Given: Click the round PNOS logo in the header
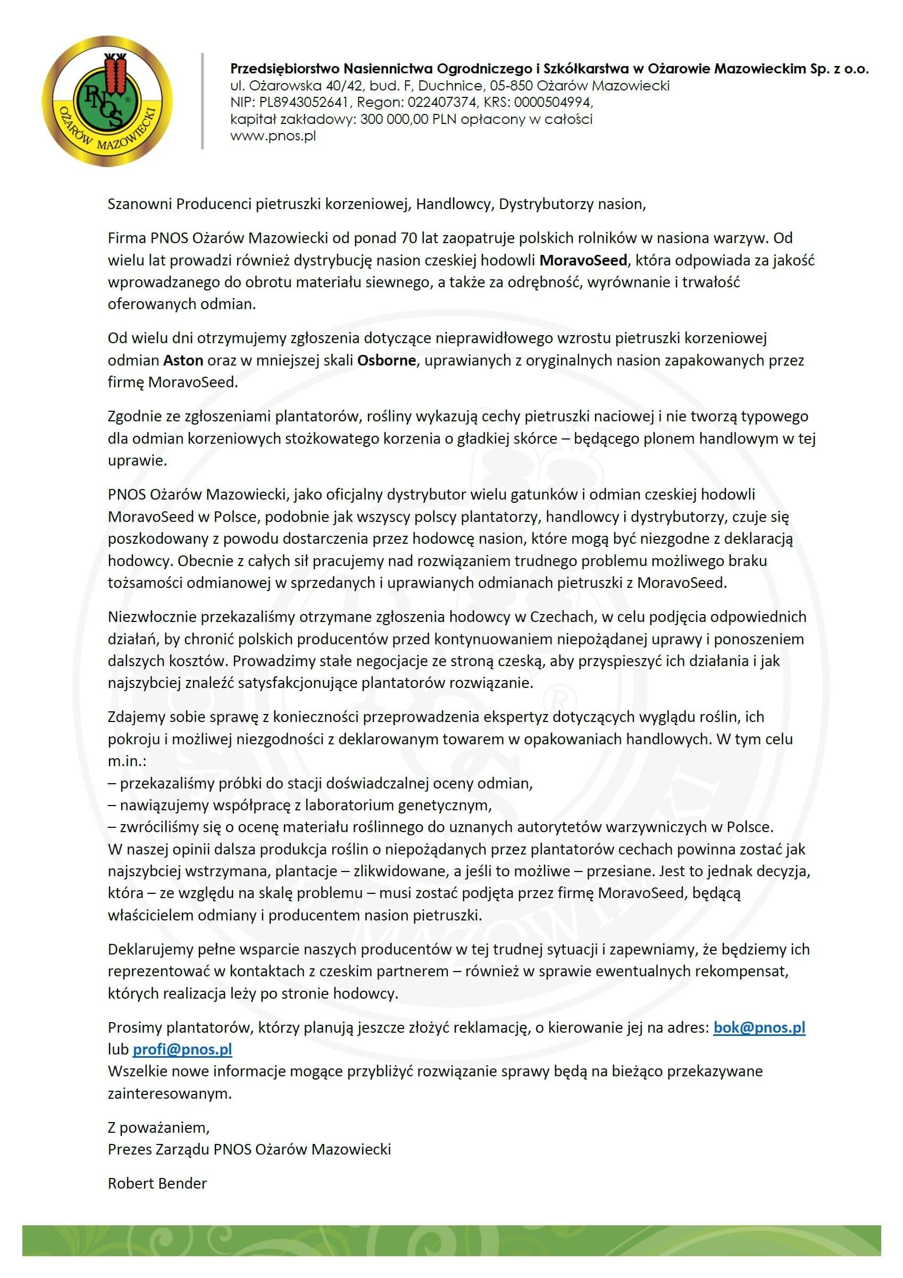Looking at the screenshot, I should [107, 101].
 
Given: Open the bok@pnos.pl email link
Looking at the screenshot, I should [759, 1027].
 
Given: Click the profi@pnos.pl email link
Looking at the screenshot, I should [182, 1049].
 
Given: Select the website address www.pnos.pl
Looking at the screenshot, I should [273, 135].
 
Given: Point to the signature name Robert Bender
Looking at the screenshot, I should [157, 1183].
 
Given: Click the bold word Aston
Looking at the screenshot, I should [183, 360].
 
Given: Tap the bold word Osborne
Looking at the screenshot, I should [386, 360].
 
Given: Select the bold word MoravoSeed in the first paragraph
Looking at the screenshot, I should [583, 260].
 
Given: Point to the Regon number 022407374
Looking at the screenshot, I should [442, 102].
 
